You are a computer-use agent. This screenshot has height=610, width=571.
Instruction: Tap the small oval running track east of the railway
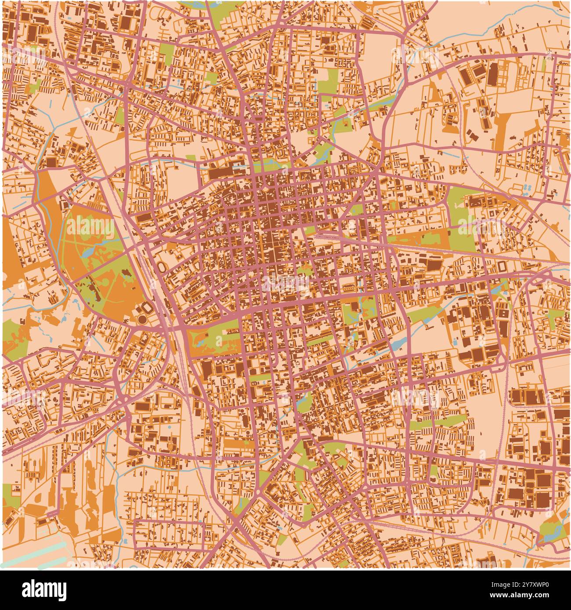click(x=162, y=266)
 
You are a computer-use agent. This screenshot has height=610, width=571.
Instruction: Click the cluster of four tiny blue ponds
click(x=527, y=188)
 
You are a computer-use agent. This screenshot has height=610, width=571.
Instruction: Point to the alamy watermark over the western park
click(x=90, y=226)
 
